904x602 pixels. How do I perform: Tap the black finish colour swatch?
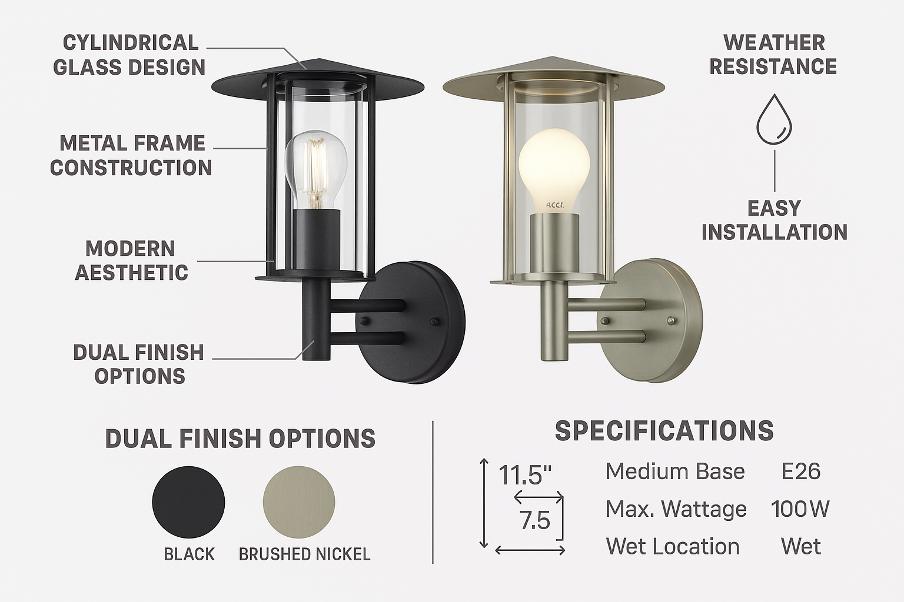click(x=188, y=502)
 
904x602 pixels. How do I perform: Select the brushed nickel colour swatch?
click(x=299, y=502)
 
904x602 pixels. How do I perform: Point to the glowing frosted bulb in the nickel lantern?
click(x=554, y=168)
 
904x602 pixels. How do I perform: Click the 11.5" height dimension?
click(x=525, y=474)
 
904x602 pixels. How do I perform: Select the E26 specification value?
click(x=800, y=471)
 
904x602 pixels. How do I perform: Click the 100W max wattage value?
click(x=800, y=509)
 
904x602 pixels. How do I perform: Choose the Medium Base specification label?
click(x=675, y=471)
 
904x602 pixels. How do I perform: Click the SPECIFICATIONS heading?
click(x=664, y=431)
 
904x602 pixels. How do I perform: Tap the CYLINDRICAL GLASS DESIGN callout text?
click(x=129, y=55)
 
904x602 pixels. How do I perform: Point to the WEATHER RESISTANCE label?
click(x=773, y=55)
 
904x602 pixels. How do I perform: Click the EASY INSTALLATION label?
click(x=774, y=220)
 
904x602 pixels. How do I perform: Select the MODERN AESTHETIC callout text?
click(x=131, y=260)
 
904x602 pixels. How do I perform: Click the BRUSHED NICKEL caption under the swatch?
click(x=304, y=554)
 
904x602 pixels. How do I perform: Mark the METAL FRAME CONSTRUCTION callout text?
click(x=131, y=155)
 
